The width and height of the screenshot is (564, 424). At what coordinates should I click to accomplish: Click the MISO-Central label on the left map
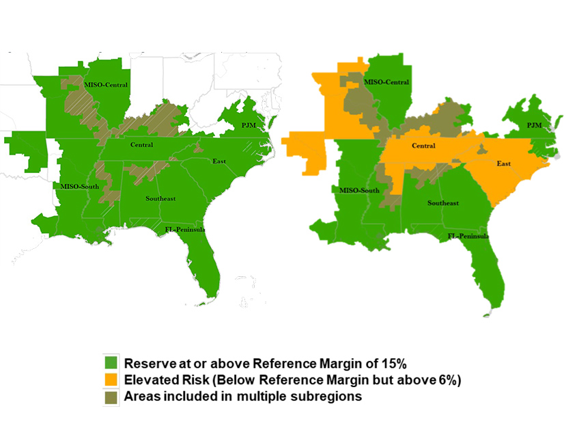coord(106,85)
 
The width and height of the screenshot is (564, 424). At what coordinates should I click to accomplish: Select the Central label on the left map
coord(143,144)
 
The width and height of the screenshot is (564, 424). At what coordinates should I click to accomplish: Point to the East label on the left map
coord(219,161)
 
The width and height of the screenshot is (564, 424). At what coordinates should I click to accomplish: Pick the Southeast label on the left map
coord(160,198)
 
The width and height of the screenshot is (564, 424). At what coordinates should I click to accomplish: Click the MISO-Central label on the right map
coord(386,82)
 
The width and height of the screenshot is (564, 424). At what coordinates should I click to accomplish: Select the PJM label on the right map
coord(534,125)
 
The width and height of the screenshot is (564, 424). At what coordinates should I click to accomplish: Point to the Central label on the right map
coord(424,146)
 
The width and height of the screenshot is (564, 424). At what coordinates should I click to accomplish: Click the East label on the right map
coord(504,163)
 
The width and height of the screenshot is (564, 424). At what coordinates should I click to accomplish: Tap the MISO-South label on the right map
coord(359,190)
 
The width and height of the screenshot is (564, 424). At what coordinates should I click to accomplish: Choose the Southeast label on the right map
coord(442,203)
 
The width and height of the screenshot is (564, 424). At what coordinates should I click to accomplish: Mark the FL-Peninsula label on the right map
coord(468,236)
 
